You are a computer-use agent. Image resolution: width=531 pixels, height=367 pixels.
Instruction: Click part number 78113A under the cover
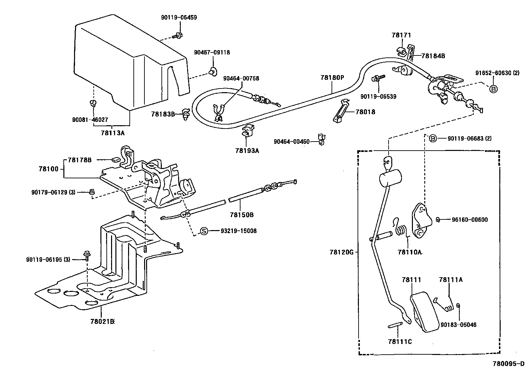pos(112,133)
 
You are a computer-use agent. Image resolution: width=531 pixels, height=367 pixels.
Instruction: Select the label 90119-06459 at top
pos(179,17)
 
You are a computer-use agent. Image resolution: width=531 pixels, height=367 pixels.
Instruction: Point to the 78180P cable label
pos(332,77)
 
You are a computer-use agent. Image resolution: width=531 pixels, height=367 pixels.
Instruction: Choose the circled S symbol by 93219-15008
pos(204,231)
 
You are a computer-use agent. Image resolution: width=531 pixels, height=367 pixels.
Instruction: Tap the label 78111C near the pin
pos(400,342)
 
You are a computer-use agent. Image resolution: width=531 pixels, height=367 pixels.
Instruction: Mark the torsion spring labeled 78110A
pos(401,230)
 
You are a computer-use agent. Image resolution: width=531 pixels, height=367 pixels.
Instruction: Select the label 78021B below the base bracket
pos(102,321)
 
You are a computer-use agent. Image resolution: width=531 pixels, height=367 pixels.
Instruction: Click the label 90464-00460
pos(292,142)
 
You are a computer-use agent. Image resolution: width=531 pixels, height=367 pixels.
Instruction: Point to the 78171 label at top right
pos(401,35)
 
